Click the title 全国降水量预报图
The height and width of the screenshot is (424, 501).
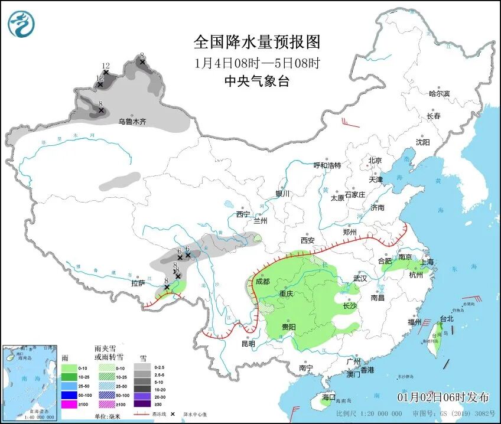click(x=257, y=42)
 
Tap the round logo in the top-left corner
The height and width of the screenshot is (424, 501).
click(x=21, y=24)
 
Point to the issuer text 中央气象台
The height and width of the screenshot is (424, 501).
click(x=257, y=82)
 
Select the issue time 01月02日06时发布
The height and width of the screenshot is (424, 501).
click(x=443, y=396)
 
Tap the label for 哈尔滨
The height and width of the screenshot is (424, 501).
click(x=439, y=93)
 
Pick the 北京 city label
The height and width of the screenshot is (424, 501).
click(x=375, y=161)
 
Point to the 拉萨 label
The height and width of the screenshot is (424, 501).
click(x=138, y=283)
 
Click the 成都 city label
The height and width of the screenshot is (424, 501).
click(x=263, y=281)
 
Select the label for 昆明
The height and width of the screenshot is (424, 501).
click(x=248, y=343)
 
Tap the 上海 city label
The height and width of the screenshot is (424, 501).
click(x=426, y=262)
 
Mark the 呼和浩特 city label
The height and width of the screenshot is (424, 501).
click(x=327, y=165)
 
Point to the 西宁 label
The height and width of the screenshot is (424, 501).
click(x=243, y=214)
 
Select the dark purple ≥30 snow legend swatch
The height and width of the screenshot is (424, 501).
click(x=142, y=404)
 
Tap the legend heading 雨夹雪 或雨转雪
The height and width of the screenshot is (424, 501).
click(x=109, y=353)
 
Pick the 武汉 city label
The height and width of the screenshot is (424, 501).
click(x=360, y=278)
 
